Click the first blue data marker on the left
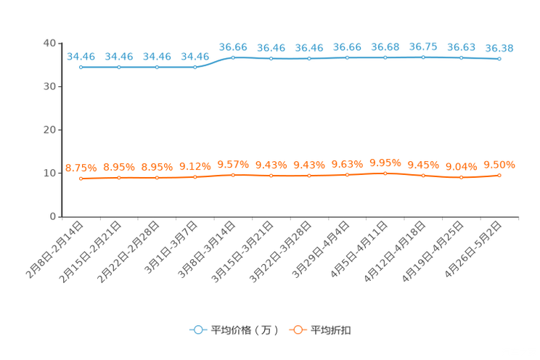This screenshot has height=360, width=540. click(x=81, y=67)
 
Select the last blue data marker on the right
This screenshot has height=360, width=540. click(x=499, y=60)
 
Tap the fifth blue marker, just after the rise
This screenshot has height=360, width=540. click(x=233, y=57)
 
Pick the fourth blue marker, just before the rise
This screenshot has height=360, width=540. click(x=195, y=67)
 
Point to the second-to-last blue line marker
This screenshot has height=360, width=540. click(x=461, y=57)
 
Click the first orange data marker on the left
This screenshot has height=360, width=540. click(x=81, y=178)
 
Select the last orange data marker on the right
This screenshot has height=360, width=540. click(x=499, y=175)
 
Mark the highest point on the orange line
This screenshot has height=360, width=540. click(x=385, y=173)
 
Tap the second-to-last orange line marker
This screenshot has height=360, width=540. click(x=461, y=177)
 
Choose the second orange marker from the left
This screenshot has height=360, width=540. click(x=119, y=177)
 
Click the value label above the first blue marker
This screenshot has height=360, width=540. click(x=81, y=56)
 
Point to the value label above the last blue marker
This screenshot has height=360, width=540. click(x=499, y=48)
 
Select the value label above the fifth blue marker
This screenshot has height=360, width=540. click(x=233, y=46)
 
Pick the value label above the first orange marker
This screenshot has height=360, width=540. click(x=81, y=167)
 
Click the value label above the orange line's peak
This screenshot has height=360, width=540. click(x=385, y=161)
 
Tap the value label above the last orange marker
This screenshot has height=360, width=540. click(x=499, y=164)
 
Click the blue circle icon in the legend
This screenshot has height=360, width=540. click(x=197, y=330)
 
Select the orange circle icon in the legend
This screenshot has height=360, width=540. click(x=297, y=330)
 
